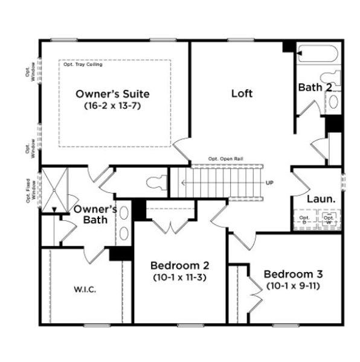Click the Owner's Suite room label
112,94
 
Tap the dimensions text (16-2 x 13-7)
112,105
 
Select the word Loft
242,94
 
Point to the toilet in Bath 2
330,79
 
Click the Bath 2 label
315,87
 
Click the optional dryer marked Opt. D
305,220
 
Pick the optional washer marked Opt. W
329,220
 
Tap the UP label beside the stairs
270,182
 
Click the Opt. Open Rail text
222,159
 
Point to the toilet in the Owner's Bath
156,182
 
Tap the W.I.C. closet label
84,288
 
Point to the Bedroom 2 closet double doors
170,226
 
